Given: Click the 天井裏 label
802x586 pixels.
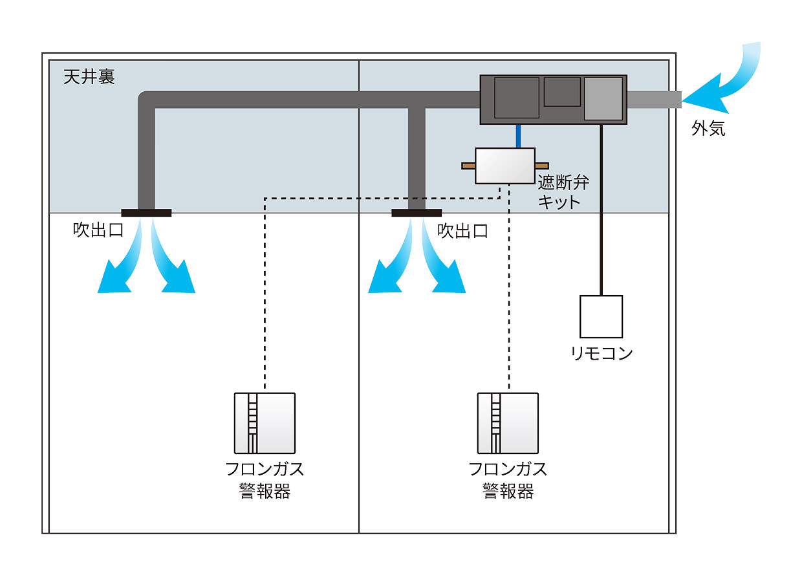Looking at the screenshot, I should [89, 77].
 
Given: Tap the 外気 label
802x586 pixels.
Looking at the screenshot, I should [708, 129].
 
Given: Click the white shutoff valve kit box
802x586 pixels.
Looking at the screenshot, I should [505, 166].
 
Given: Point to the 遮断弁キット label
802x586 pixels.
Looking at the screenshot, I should [563, 191].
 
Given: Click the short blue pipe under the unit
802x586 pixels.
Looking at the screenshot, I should [519, 136].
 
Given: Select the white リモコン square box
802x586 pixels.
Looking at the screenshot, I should [601, 317].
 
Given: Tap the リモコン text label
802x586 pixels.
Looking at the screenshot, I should [601, 353].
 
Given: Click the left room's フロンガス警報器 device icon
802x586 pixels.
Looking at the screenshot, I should [265, 423].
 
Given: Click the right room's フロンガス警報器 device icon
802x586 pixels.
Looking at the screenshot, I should [508, 423].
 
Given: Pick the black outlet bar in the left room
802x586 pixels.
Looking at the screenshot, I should [146, 213].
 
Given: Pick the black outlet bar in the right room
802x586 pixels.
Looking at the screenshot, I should [417, 213].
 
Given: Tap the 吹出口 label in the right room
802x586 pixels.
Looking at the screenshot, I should [463, 231].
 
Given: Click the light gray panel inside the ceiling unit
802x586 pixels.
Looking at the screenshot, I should [603, 98].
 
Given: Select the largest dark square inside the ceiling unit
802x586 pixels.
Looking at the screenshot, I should [517, 98].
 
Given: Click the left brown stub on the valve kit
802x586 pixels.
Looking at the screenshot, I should [468, 166].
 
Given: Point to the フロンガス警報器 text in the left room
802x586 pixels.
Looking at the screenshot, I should [265, 479].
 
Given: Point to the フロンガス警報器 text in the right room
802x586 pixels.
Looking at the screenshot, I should [508, 479].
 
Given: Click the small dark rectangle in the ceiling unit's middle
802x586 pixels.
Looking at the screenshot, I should [561, 91].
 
